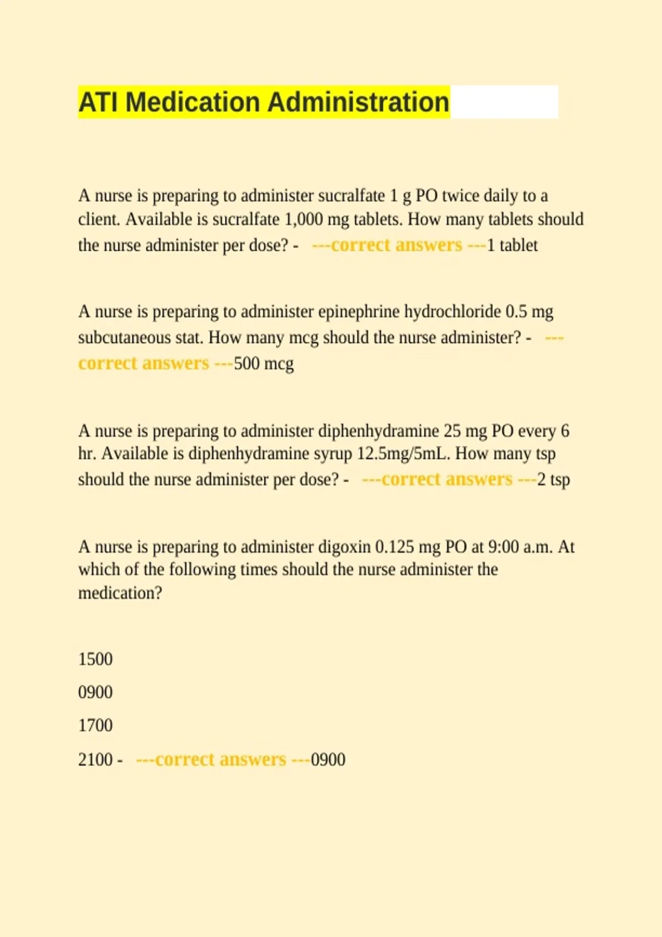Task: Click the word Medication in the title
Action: [193, 103]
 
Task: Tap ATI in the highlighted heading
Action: [98, 103]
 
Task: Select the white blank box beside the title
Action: [504, 102]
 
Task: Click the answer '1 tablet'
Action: [512, 245]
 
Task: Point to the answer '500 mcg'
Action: [264, 364]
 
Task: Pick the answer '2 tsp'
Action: [553, 480]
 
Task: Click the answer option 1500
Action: [95, 659]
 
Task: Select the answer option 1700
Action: [95, 725]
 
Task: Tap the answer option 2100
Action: [95, 760]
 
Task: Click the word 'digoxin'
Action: [344, 547]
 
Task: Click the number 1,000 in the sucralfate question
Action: [303, 219]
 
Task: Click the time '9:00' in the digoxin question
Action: [504, 547]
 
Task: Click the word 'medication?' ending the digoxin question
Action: [120, 594]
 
